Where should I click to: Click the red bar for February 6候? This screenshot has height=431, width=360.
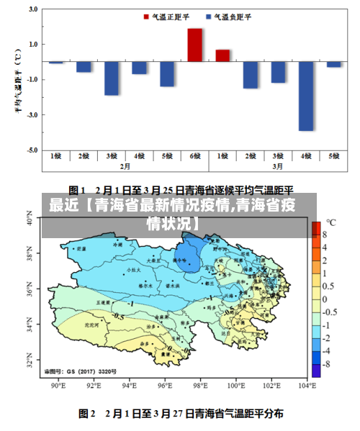194,45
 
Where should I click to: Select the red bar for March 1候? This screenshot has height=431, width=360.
222,56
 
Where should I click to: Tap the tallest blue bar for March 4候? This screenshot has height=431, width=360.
306,96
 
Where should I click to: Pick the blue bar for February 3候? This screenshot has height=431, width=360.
112,78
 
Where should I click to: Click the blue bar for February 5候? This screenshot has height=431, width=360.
167,74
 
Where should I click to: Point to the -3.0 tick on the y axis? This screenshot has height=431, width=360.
31,115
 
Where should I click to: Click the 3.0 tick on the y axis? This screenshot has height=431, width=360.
31,9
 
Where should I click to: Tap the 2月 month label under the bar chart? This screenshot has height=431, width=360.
125,166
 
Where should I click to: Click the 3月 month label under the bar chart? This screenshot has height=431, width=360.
278,166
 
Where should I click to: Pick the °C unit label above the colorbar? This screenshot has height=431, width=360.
330,222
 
